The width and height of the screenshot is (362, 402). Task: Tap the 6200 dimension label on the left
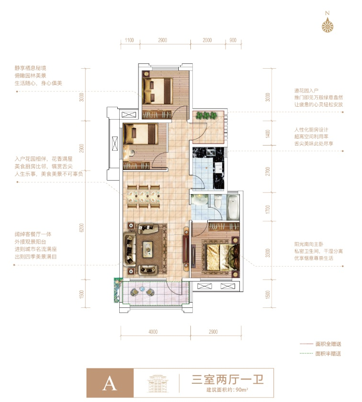click(82, 228)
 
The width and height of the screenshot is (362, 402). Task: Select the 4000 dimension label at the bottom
click(153, 332)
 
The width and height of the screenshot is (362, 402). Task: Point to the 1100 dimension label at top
click(129, 40)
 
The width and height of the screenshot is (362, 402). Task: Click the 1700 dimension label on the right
click(268, 209)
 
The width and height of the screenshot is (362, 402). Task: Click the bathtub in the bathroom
click(233, 207)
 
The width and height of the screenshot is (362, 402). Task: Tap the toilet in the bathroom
click(218, 201)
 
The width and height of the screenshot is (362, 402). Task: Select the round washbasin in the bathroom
click(200, 200)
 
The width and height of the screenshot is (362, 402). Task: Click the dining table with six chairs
click(143, 196)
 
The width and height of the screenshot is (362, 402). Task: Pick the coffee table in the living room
click(148, 249)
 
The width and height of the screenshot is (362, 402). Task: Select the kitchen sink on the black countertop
click(212, 152)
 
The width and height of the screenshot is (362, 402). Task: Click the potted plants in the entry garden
click(207, 116)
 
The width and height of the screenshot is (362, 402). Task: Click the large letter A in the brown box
click(110, 384)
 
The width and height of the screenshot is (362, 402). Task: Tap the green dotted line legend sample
click(306, 353)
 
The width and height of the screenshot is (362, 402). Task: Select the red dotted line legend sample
click(306, 344)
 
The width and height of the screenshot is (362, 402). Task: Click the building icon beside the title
click(158, 383)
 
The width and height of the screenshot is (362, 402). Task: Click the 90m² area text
click(242, 390)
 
